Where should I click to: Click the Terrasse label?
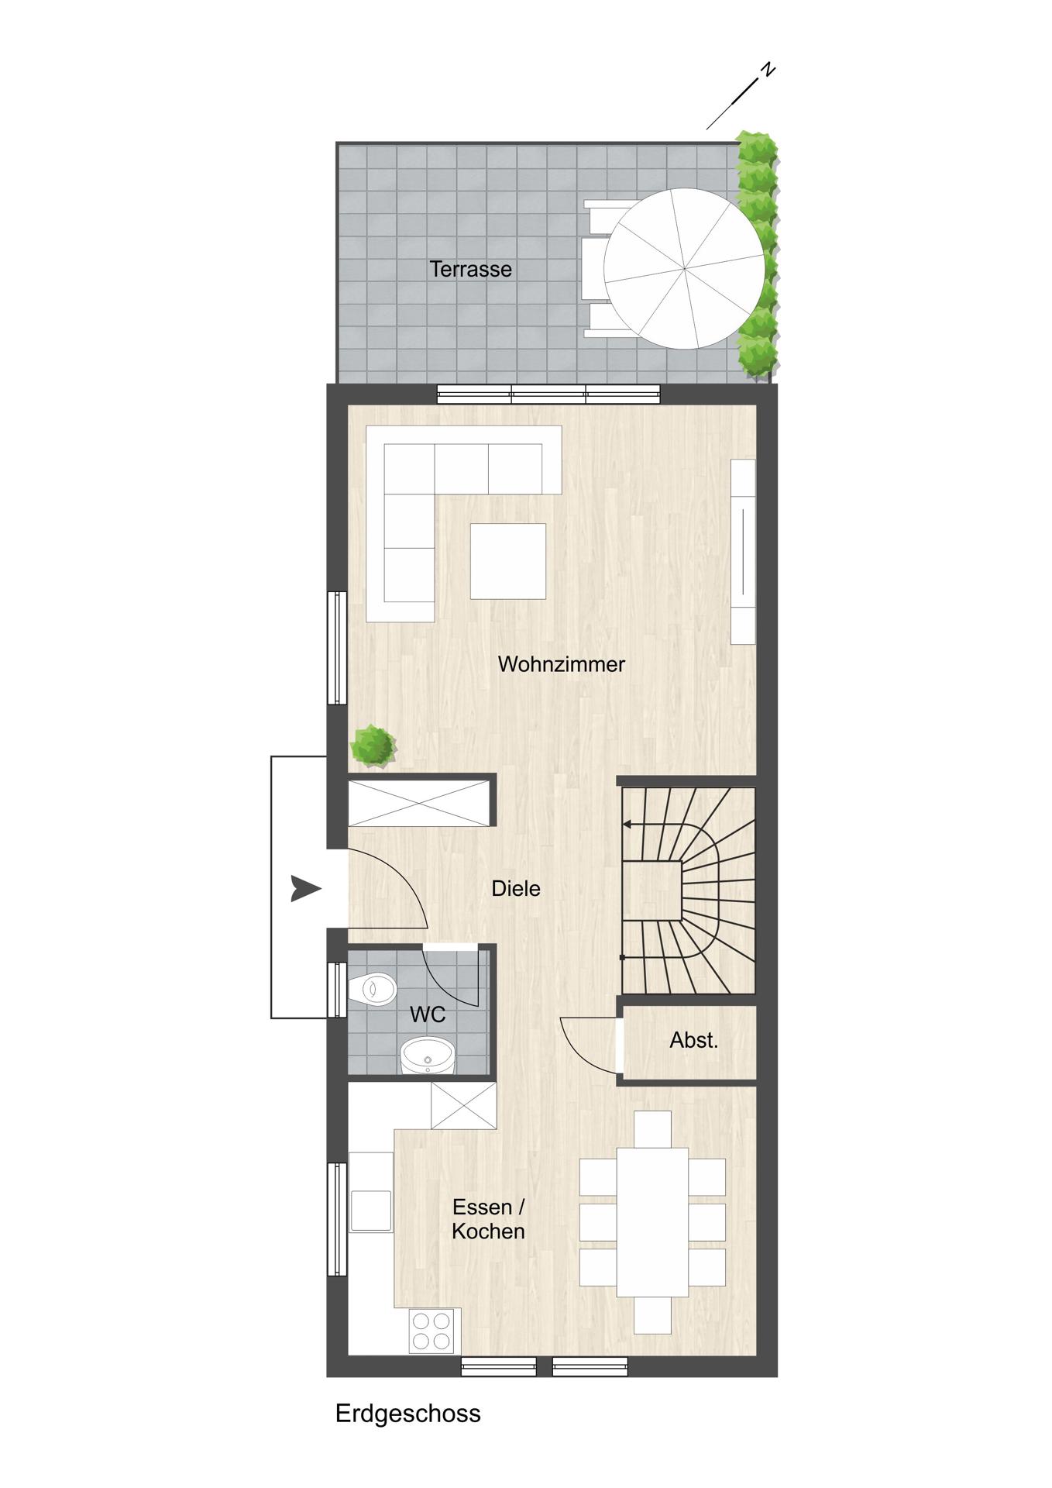click(x=470, y=269)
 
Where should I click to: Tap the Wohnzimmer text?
click(x=561, y=664)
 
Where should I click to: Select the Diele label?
click(x=516, y=889)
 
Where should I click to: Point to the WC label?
click(x=428, y=1014)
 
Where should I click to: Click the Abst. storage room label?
click(x=694, y=1040)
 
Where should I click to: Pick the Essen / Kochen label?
click(x=489, y=1219)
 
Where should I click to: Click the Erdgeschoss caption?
click(x=407, y=1413)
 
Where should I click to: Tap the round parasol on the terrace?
click(x=683, y=269)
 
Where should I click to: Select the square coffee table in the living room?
click(x=507, y=561)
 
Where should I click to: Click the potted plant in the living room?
click(x=373, y=746)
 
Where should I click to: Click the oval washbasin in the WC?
click(x=428, y=1055)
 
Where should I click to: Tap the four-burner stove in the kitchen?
click(x=431, y=1331)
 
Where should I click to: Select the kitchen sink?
click(x=371, y=1211)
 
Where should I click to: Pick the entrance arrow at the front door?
click(x=306, y=888)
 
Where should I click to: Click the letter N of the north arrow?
click(x=767, y=70)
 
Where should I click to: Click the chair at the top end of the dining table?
click(x=652, y=1129)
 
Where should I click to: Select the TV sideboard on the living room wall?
click(x=743, y=551)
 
